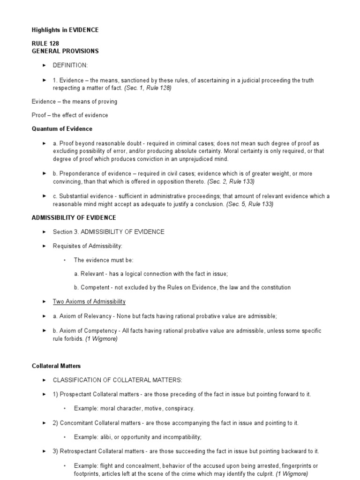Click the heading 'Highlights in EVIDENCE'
pos(65,30)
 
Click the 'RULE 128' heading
pos(45,44)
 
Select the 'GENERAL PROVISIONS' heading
pos(65,51)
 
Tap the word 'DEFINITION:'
pos(70,66)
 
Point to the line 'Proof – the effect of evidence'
pos(70,115)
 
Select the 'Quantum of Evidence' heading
pos(62,129)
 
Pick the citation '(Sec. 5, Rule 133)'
pos(250,204)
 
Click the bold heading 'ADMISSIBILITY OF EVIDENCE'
pos(74,218)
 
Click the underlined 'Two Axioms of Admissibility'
pos(89,301)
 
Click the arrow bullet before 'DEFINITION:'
pos(44,66)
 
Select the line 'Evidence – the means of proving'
pos(75,102)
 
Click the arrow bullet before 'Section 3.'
pos(44,232)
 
